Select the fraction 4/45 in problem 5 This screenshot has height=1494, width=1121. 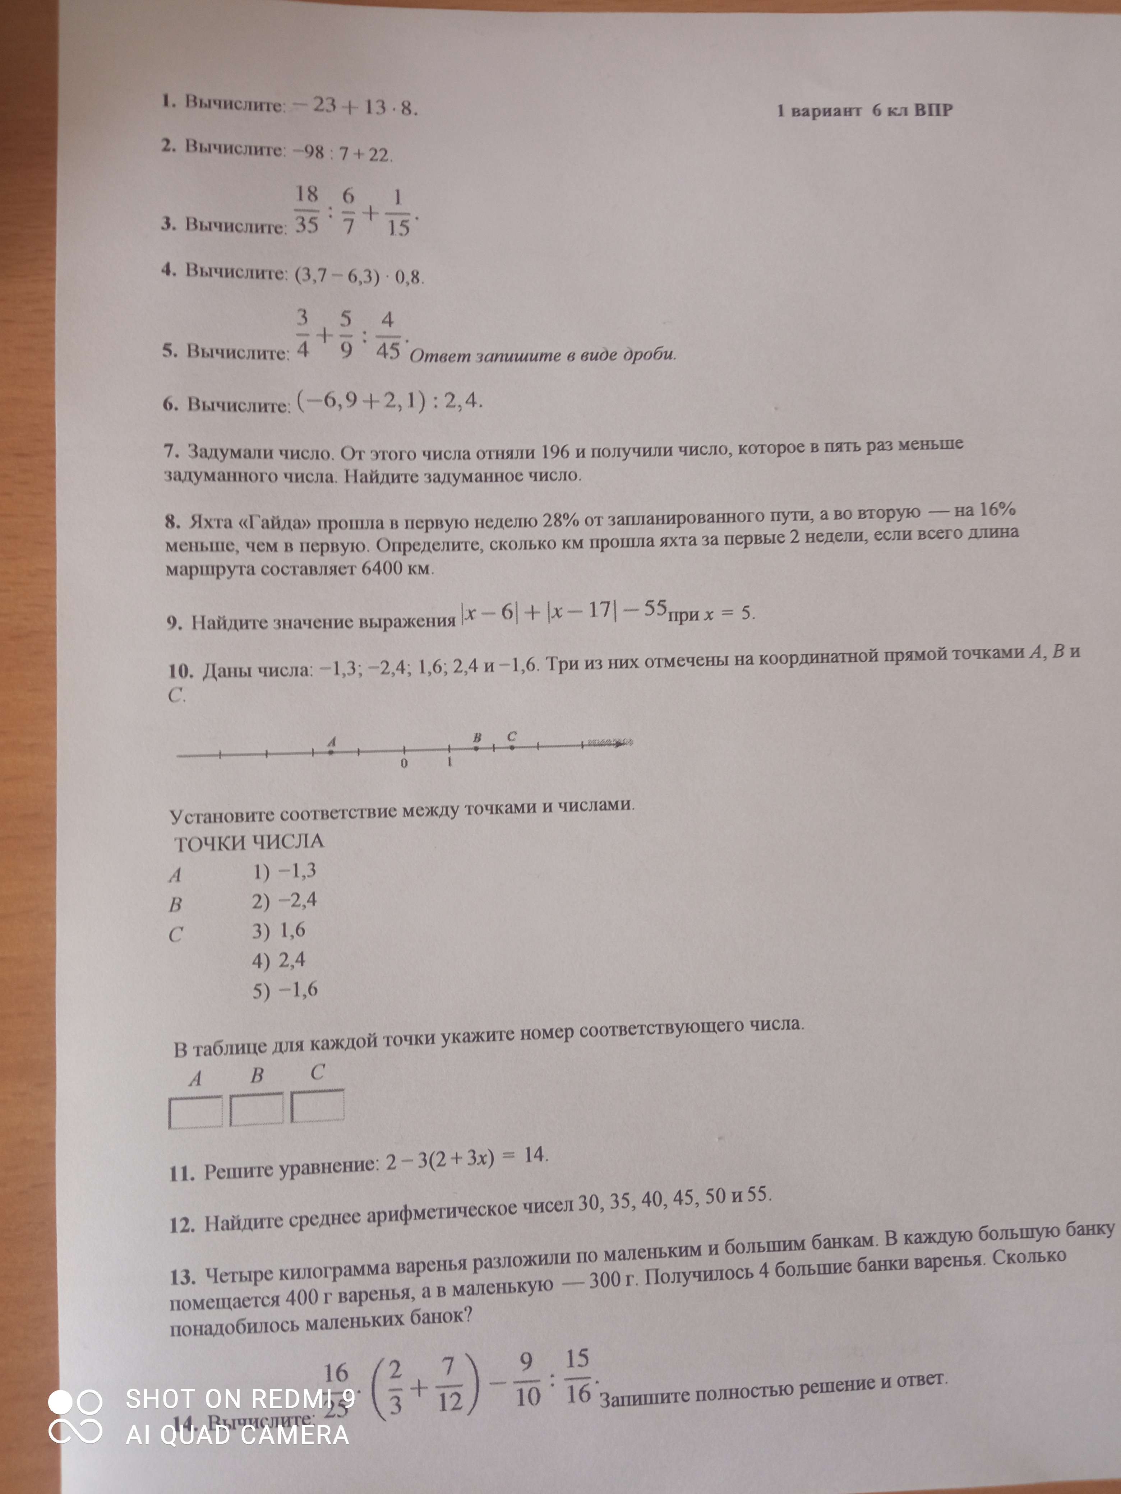(388, 335)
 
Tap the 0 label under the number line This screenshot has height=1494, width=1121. (404, 763)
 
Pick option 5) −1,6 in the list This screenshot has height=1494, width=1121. (285, 990)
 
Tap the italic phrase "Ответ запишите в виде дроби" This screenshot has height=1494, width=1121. (543, 354)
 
